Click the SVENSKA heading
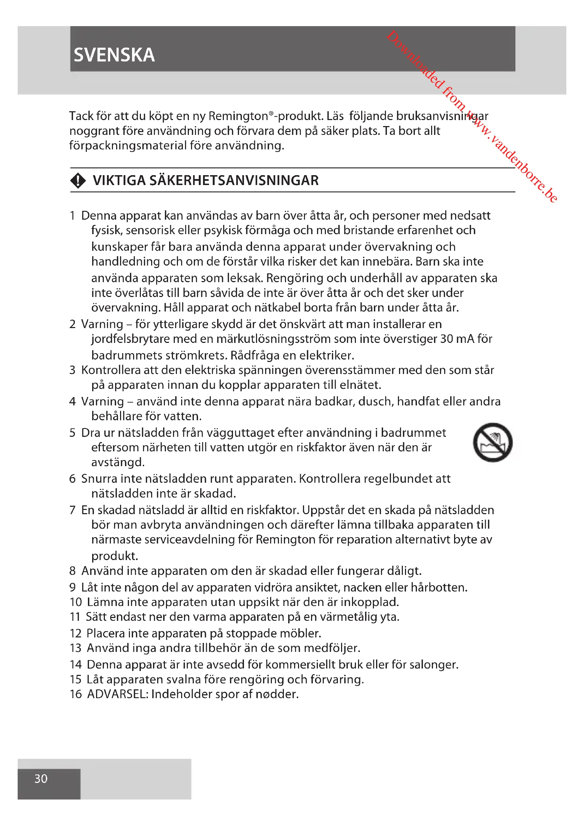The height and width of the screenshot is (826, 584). (114, 55)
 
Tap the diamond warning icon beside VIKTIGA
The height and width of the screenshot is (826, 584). (78, 180)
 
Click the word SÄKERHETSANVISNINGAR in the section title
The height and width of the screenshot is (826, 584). (234, 180)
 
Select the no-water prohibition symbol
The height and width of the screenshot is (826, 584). (492, 442)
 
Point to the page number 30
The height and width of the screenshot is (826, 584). (41, 779)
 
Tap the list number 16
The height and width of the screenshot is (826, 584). (76, 694)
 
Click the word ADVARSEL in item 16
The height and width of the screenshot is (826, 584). (117, 694)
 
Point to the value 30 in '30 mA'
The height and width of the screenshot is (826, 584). (446, 339)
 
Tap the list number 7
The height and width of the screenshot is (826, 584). (73, 510)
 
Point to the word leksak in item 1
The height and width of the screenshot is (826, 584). (245, 278)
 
